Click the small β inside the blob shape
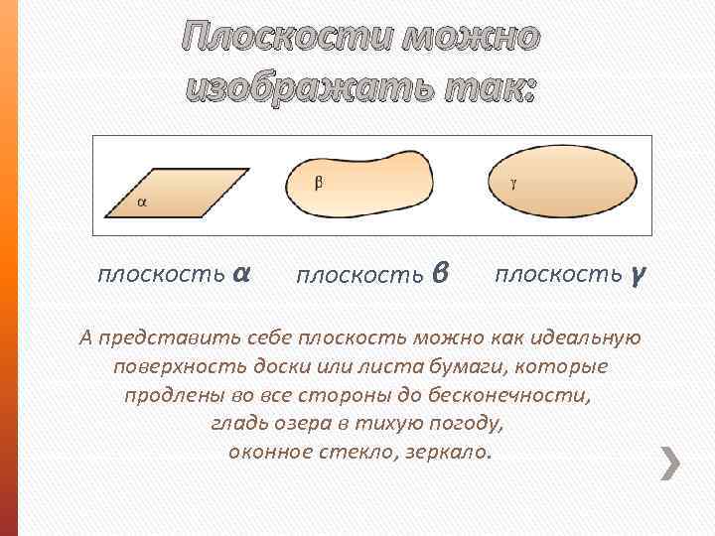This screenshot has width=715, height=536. point(319,182)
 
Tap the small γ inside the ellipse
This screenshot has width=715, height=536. point(513,182)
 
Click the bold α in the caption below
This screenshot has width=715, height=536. point(239,273)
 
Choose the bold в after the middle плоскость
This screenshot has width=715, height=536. point(442,274)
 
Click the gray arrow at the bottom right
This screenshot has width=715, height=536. point(672,463)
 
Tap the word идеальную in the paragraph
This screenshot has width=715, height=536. point(589,338)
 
